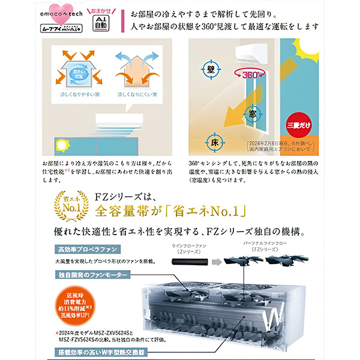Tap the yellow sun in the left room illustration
pyautogui.click(x=61, y=146)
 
